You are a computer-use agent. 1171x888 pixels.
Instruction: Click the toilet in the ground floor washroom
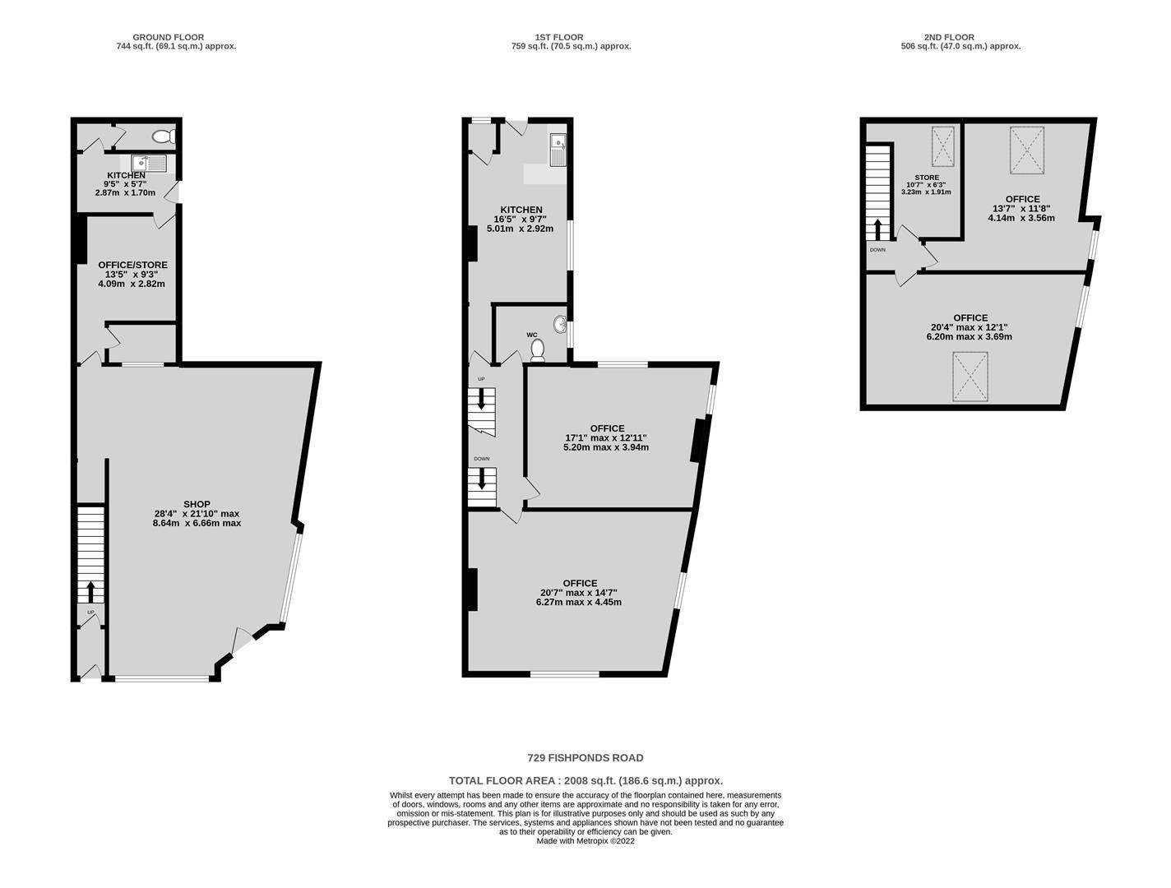point(164,136)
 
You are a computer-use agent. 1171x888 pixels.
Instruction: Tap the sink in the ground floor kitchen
point(149,163)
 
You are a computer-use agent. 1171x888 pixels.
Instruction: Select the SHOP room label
point(197,504)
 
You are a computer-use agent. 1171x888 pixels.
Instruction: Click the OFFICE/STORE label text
point(133,265)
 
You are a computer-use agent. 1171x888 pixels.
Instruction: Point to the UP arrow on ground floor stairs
point(90,591)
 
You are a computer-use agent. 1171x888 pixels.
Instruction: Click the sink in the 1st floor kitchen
point(558,150)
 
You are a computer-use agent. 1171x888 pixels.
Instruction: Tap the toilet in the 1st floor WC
point(538,350)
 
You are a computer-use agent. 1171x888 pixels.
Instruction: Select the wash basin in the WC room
point(560,324)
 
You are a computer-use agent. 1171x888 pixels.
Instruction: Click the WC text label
point(532,335)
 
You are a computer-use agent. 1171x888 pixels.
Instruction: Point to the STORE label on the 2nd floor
point(927,178)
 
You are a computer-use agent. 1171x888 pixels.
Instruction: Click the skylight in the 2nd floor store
point(943,146)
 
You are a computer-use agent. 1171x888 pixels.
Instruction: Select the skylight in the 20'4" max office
point(970,377)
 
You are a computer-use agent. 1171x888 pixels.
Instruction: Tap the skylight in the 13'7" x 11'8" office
point(1027,150)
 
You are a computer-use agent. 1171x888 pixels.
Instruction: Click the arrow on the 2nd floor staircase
point(877,229)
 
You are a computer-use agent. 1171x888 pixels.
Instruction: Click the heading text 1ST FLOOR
point(559,37)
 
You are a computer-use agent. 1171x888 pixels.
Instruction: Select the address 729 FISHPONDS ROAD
point(585,758)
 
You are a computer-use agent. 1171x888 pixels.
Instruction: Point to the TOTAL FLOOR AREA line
point(585,781)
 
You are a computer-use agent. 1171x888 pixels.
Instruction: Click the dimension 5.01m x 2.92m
point(521,229)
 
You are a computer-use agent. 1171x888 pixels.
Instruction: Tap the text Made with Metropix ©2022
point(585,841)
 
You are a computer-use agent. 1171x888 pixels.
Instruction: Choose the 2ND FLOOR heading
point(949,37)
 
